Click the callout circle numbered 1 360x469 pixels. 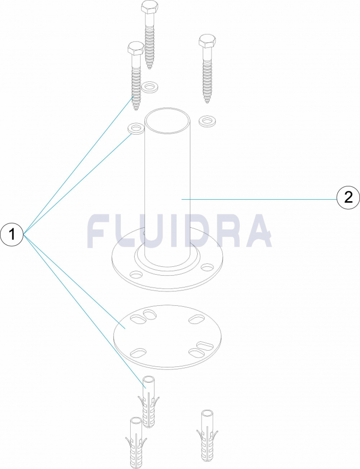pos(12,234)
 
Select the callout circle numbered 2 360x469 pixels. pos(348,198)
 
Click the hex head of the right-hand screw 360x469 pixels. pos(207,41)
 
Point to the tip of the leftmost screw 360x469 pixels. pos(136,109)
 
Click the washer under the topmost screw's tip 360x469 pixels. pos(150,87)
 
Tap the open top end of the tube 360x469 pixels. pos(168,120)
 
